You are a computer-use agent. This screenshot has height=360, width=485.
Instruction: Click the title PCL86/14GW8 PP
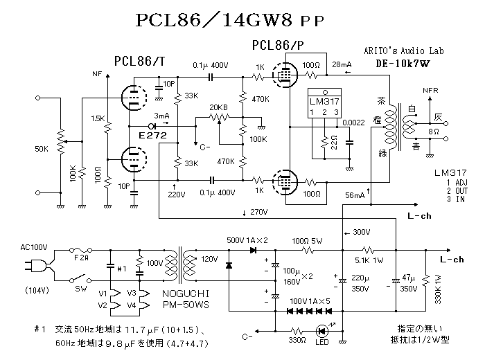236,21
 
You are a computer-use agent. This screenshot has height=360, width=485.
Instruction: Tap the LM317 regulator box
323,105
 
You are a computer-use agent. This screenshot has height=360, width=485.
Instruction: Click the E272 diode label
152,134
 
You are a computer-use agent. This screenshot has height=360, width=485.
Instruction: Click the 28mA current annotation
342,64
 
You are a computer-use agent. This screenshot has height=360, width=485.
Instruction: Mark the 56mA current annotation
355,195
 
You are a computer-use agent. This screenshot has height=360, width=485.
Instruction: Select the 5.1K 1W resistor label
370,261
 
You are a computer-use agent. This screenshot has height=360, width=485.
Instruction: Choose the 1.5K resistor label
98,118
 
